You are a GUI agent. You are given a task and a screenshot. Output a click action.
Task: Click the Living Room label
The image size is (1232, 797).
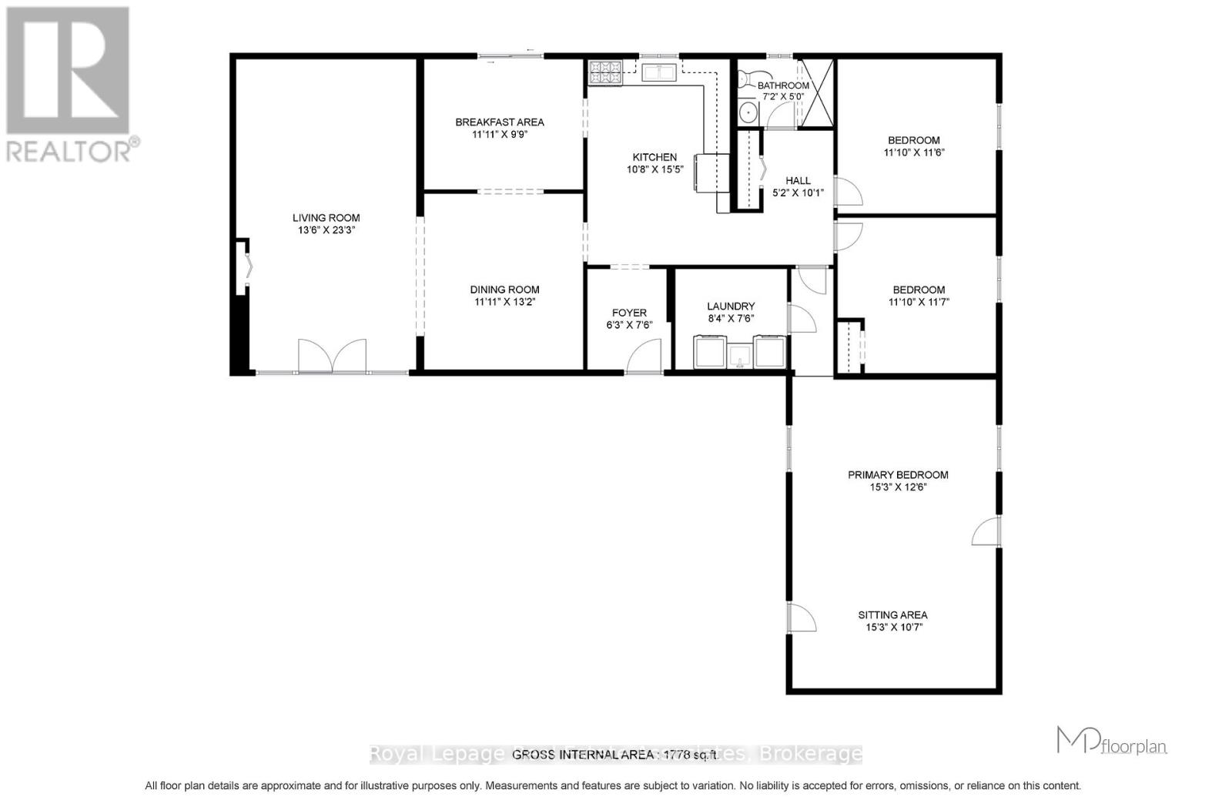tap(326, 218)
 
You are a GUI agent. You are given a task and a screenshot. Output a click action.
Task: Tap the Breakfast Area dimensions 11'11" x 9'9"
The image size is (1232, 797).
tap(499, 134)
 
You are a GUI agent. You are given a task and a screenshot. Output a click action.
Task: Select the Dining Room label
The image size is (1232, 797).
tap(504, 290)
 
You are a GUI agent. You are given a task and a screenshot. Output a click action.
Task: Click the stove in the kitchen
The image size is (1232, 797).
tap(605, 72)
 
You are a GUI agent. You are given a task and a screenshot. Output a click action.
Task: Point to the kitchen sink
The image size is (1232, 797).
tap(659, 73)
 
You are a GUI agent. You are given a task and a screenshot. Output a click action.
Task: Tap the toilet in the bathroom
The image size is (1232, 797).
tap(745, 79)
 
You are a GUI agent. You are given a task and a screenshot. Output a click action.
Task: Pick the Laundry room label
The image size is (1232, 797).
tap(731, 306)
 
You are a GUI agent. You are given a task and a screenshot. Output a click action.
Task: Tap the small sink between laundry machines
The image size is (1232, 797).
tap(740, 355)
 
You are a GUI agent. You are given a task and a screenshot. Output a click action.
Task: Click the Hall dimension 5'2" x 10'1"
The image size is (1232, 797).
tap(798, 193)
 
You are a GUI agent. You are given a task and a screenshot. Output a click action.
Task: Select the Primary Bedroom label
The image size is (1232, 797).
tap(898, 475)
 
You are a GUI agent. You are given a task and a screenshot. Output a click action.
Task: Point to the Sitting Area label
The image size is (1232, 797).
tap(892, 614)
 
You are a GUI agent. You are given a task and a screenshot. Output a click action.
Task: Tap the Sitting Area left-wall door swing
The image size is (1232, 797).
tap(802, 618)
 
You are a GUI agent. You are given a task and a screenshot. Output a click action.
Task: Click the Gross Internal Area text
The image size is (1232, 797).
tap(614, 755)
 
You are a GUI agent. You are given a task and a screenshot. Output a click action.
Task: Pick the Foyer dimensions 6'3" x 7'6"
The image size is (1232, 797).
tap(629, 325)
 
